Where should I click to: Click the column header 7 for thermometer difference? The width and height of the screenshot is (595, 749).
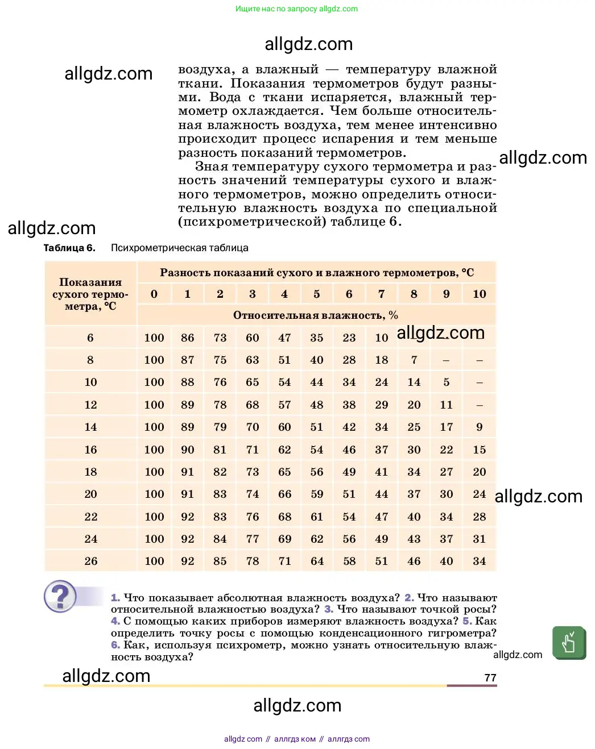[x=382, y=294]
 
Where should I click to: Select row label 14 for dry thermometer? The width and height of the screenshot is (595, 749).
[x=90, y=427]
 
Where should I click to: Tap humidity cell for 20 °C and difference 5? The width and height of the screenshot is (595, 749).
[x=317, y=494]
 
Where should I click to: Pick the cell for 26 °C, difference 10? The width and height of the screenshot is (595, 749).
[x=480, y=561]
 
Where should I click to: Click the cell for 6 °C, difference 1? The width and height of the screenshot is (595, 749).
[x=187, y=338]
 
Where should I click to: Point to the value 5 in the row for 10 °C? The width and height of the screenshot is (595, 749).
[x=447, y=382]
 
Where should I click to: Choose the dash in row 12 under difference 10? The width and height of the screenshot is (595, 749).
[x=480, y=405]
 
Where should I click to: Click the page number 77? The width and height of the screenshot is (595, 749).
[x=490, y=677]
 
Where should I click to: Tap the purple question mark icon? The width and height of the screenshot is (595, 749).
[x=60, y=596]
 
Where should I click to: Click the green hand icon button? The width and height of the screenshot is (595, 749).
[x=568, y=643]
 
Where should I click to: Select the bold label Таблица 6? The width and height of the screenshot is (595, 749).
[x=69, y=248]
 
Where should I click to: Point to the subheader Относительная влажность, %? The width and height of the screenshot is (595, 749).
[x=316, y=315]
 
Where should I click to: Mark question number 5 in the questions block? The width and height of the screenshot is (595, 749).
[x=467, y=621]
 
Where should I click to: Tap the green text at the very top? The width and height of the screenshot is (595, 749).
[x=296, y=9]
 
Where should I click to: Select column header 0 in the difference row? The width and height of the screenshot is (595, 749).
[x=154, y=294]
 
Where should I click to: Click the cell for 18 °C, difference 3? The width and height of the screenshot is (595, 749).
[x=253, y=472]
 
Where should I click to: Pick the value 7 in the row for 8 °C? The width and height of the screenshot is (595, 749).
[x=414, y=360]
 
